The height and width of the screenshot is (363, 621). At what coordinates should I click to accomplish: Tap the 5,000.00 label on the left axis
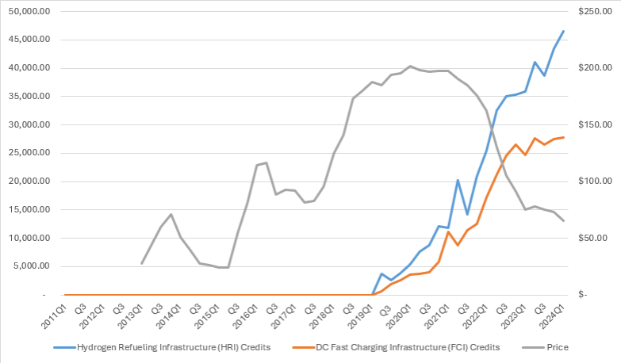pos(32,266)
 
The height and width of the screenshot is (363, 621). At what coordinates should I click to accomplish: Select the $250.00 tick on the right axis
pos(592,11)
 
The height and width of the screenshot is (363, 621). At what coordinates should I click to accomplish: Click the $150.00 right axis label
pos(592,124)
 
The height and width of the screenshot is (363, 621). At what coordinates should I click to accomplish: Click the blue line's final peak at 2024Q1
pos(563,31)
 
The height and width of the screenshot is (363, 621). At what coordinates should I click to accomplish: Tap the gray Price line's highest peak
pos(409,66)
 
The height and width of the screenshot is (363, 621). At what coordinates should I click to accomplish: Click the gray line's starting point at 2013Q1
pos(142,263)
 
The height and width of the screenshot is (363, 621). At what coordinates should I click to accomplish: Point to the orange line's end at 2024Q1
pos(563,137)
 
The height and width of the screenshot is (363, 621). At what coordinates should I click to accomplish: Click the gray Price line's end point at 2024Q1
pos(563,220)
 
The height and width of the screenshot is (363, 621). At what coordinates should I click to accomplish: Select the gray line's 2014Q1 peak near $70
pos(171,214)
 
